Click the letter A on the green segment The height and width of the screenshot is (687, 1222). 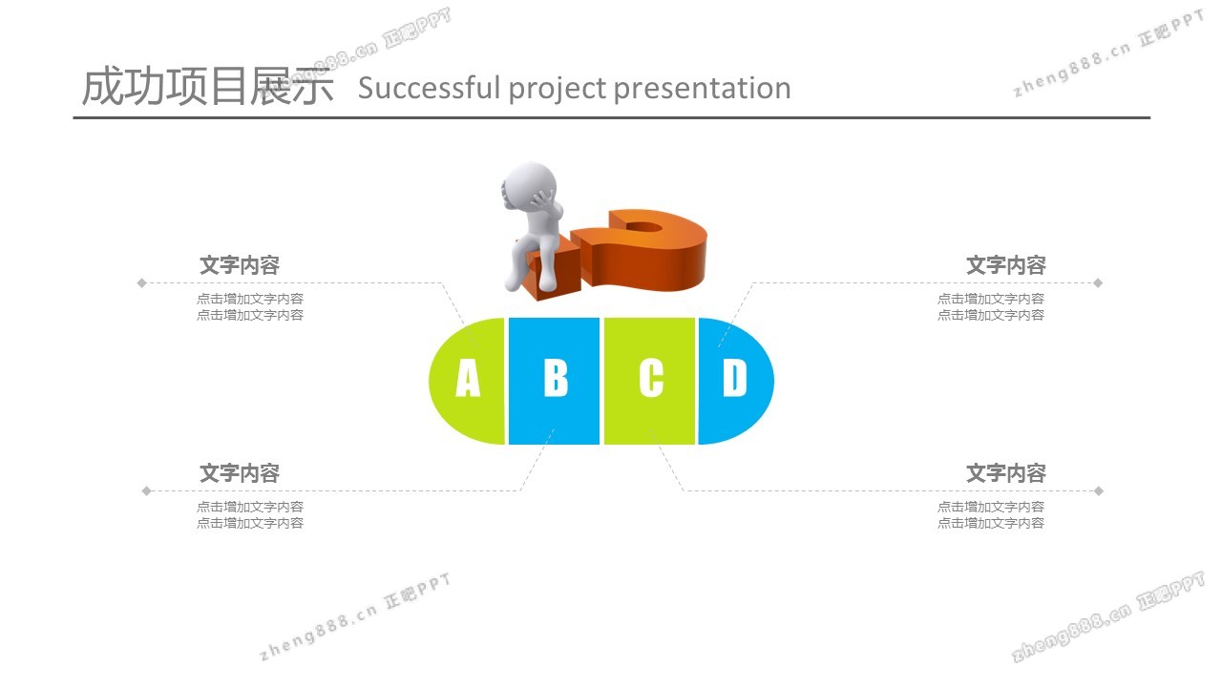(468, 377)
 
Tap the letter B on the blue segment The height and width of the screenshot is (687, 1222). (556, 377)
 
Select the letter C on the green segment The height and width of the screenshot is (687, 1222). (651, 377)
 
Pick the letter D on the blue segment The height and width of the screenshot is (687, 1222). (735, 377)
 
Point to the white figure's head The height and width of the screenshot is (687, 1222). (530, 185)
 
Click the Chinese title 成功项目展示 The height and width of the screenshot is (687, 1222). (207, 86)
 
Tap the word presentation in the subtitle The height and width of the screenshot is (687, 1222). (702, 89)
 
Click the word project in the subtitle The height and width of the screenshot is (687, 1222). (557, 89)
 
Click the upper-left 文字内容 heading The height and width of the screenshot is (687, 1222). (240, 265)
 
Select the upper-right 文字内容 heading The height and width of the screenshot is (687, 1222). (1006, 265)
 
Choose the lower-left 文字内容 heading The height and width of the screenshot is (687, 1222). (240, 472)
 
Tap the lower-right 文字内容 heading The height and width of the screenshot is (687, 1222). (1006, 472)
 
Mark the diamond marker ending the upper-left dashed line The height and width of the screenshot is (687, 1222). (142, 282)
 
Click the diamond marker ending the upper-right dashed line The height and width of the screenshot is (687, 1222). (1098, 282)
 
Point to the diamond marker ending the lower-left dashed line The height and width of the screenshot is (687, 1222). (146, 490)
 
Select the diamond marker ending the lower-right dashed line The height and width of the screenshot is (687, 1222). (1099, 490)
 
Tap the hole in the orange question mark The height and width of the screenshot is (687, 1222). (643, 227)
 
